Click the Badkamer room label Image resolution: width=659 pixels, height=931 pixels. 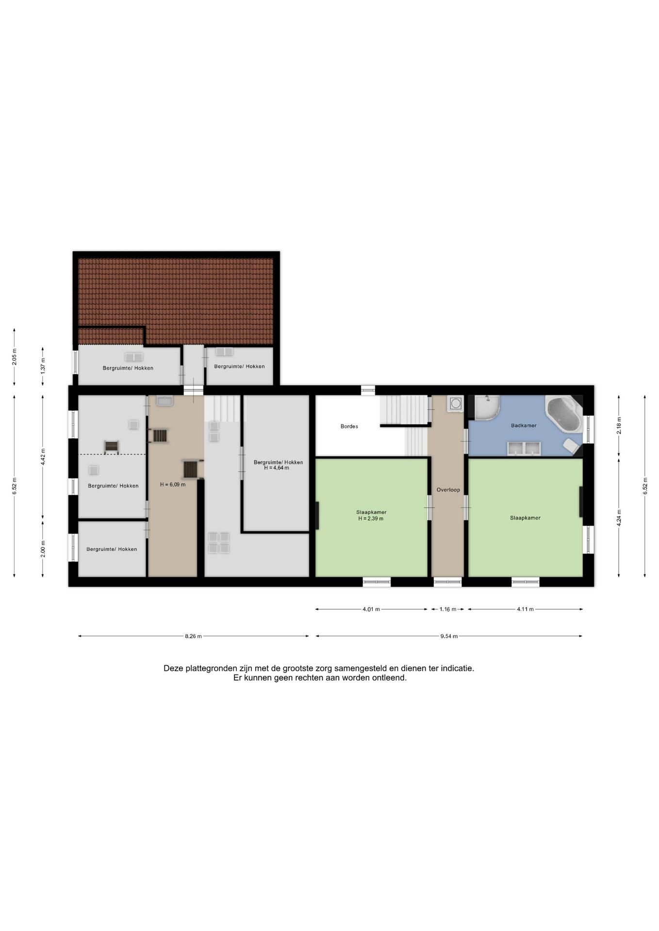[524, 425]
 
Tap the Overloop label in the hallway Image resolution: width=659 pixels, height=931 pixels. [448, 490]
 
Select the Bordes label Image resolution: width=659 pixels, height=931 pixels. [349, 426]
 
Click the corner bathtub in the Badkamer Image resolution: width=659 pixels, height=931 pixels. [564, 414]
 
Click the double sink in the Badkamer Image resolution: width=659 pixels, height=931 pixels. [524, 449]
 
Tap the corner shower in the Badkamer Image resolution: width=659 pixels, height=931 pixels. [487, 407]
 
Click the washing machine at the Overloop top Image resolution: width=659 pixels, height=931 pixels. [456, 403]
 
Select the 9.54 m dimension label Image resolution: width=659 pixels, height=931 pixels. [449, 636]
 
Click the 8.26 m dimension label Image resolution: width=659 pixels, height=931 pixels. [193, 636]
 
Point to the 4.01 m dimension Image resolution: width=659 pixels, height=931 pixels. [371, 609]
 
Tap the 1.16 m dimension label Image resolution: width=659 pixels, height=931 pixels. [448, 609]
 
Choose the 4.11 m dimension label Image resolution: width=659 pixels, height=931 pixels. [525, 609]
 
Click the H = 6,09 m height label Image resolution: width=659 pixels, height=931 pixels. [173, 484]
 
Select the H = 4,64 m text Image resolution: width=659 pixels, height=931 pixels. [277, 468]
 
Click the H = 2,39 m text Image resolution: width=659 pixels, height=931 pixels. [371, 518]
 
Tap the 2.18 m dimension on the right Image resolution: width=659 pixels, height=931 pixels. [619, 425]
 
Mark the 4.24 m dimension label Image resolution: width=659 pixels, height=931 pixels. [619, 517]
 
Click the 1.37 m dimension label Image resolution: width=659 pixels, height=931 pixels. [43, 365]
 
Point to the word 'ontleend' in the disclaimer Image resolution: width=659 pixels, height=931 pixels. [389, 678]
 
